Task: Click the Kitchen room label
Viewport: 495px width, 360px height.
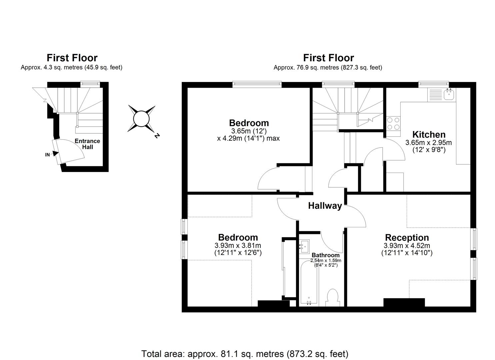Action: coord(429,135)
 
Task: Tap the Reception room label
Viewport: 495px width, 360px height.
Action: coord(407,238)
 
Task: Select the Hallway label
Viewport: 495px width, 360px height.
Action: coord(325,206)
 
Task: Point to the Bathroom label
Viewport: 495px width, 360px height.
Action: coord(326,255)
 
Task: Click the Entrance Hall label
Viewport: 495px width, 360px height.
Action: coord(87,144)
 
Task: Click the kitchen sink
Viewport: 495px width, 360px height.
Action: coord(449,94)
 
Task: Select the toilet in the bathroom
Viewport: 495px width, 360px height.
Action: coord(333,297)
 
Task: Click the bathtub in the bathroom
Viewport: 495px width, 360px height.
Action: coord(309,283)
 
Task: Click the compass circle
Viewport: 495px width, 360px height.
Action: coord(141,119)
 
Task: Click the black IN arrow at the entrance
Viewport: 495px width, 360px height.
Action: coord(55,154)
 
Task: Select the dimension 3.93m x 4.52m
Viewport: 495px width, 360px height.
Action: coord(407,246)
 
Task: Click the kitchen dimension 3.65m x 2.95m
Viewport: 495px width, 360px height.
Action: coord(428,143)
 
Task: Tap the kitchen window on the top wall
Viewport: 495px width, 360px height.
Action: coord(434,84)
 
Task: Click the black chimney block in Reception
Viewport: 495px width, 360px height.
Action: coord(404,303)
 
